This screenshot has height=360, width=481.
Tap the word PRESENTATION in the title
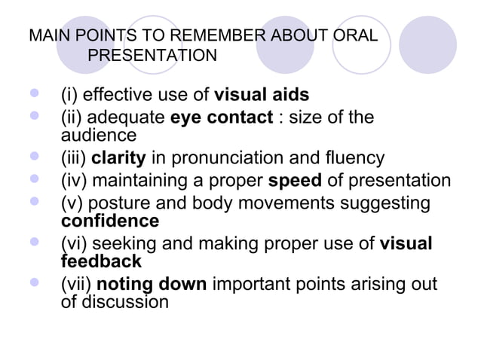(x=152, y=56)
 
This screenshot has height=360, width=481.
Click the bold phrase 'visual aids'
(x=262, y=96)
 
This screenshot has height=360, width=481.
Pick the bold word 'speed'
(x=295, y=182)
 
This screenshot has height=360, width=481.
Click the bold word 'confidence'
(x=109, y=221)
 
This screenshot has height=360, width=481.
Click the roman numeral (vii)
(x=75, y=285)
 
